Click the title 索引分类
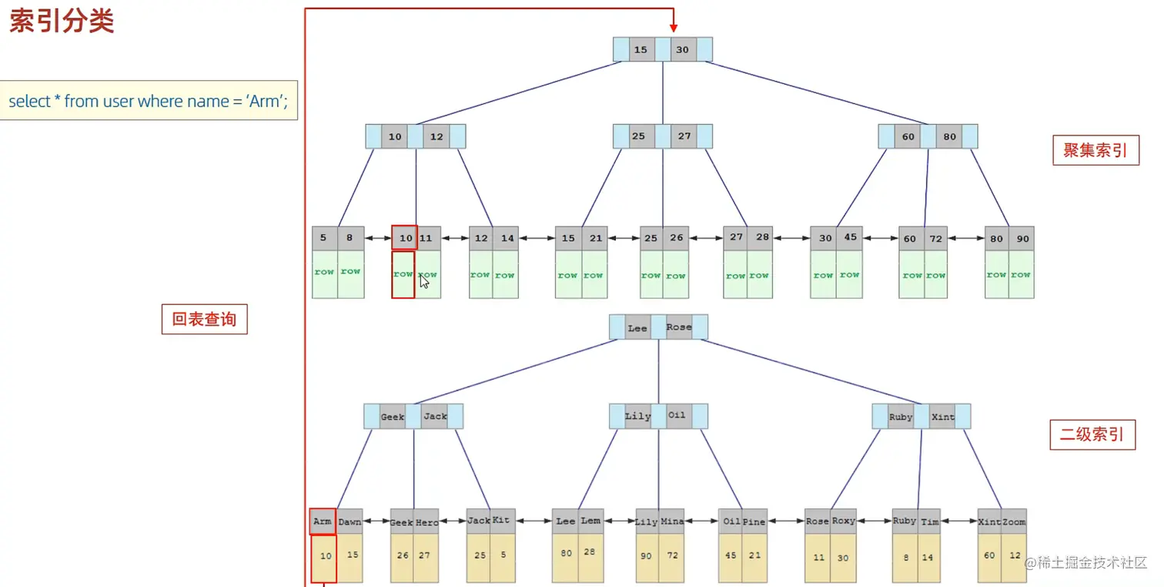[62, 21]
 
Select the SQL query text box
[149, 101]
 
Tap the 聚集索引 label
[1095, 150]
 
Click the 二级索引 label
[1092, 434]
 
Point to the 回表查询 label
[204, 319]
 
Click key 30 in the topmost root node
[682, 50]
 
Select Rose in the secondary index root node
[678, 327]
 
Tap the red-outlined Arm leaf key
[323, 522]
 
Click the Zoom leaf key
[1014, 522]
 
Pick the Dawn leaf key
[350, 522]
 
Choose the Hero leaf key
[426, 522]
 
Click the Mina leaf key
[671, 522]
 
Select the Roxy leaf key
[843, 521]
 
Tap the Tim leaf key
[930, 522]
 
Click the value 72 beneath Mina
[672, 555]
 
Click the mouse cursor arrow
[424, 281]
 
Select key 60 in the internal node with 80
[908, 137]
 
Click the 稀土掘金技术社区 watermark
[1085, 563]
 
